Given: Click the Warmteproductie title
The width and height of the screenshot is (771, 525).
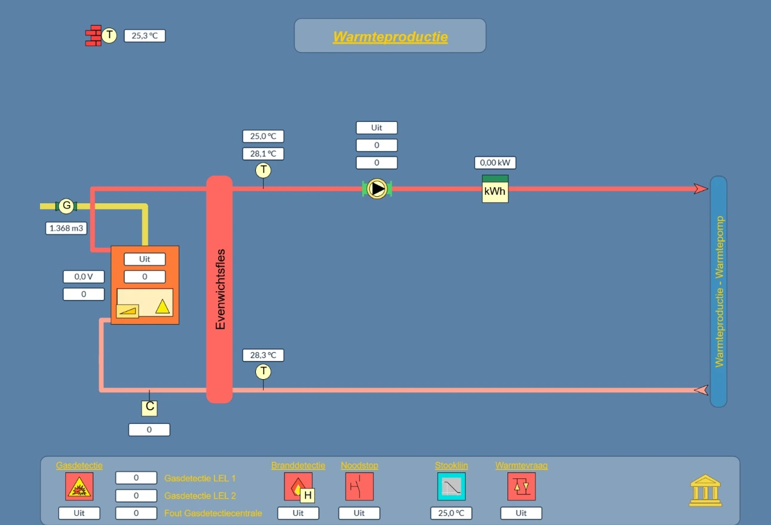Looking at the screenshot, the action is [x=390, y=37].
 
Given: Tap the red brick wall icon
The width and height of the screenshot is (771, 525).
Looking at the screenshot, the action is [x=93, y=35].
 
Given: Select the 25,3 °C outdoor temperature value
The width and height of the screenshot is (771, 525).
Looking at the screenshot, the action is [x=145, y=36].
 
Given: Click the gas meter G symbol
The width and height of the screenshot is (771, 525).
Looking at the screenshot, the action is [x=66, y=206].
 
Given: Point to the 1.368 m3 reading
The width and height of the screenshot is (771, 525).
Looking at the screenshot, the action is [x=66, y=228].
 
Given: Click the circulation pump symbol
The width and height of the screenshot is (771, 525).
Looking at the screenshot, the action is [x=377, y=189].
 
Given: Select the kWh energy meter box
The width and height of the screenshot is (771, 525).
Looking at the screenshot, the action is [x=495, y=189].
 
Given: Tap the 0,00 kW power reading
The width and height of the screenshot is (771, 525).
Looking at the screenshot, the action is [x=495, y=163].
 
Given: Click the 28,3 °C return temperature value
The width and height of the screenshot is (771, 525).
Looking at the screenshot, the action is [x=264, y=355].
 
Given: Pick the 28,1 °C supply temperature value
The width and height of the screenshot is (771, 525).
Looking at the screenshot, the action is [x=264, y=154].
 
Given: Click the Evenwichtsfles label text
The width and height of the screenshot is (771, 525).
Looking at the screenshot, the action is [x=221, y=289].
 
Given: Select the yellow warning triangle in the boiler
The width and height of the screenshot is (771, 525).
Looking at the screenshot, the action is [x=163, y=306].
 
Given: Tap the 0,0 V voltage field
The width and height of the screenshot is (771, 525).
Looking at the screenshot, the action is [x=84, y=277].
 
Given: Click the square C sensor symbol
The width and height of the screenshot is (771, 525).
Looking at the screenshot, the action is [x=149, y=408].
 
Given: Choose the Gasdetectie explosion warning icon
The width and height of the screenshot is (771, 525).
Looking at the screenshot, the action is [x=79, y=487].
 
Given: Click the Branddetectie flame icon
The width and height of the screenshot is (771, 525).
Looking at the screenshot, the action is [x=298, y=487].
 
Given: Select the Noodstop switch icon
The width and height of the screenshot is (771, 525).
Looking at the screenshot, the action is [x=359, y=487].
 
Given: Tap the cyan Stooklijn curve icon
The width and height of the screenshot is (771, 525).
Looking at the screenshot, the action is [x=451, y=487].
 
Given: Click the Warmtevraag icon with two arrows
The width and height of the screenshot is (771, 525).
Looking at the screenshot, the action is [x=521, y=487].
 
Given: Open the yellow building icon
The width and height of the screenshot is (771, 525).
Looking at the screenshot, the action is [x=705, y=490].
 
